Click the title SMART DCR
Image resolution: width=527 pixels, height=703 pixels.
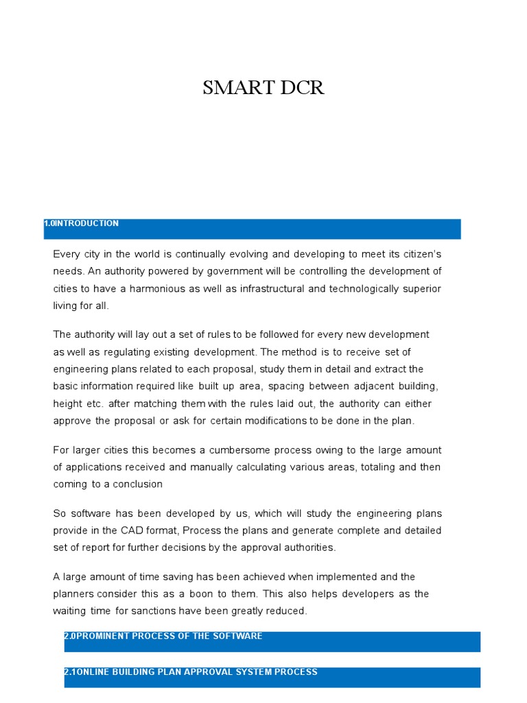(x=263, y=89)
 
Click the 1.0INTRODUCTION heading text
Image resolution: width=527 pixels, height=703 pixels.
(x=81, y=224)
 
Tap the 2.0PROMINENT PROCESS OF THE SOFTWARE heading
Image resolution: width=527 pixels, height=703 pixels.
(x=163, y=636)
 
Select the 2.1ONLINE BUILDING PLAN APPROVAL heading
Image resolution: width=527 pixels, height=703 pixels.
(x=190, y=672)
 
